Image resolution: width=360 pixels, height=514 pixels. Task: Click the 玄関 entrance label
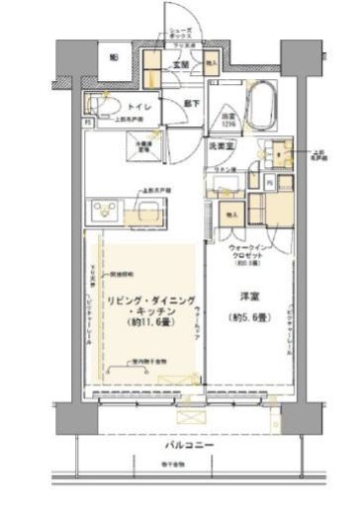(181, 65)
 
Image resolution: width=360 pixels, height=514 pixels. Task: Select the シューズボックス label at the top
(179, 34)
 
